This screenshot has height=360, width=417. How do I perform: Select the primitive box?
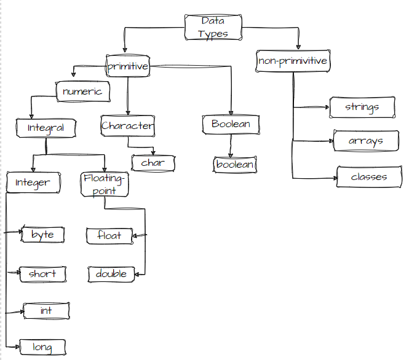(128, 66)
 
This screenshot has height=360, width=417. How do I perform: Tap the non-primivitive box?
(293, 61)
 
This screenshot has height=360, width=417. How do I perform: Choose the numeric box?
(82, 92)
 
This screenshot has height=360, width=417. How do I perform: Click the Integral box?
(46, 128)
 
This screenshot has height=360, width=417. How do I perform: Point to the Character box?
(127, 126)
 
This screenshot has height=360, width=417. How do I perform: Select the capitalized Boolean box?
(231, 124)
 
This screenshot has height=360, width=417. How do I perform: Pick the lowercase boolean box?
(234, 164)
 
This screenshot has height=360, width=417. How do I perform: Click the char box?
(153, 163)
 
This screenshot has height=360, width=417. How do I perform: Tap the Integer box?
(33, 182)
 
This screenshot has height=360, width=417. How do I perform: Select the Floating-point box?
(105, 184)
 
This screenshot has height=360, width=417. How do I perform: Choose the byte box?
(42, 235)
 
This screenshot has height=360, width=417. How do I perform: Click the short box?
(42, 274)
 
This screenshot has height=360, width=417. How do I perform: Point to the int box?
(46, 311)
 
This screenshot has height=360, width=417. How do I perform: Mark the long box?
(42, 347)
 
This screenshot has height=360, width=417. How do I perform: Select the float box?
(109, 235)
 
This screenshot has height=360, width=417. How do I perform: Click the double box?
(111, 274)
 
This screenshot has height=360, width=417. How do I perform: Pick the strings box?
(362, 108)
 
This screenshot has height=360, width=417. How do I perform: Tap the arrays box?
(365, 141)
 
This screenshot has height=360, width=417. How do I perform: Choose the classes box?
(369, 177)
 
